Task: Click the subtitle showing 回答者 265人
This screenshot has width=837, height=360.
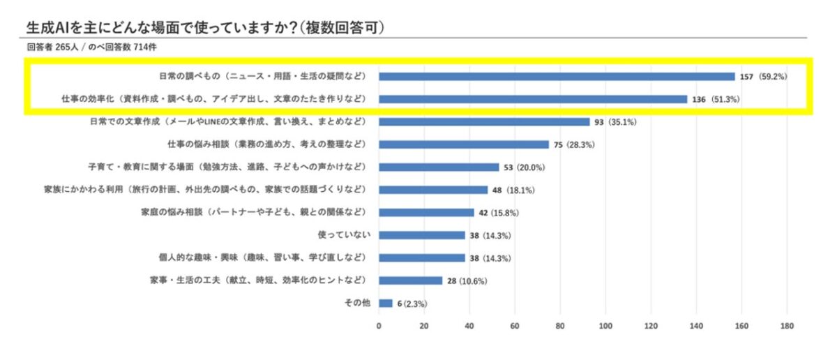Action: pyautogui.click(x=90, y=47)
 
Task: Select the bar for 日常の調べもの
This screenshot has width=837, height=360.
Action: pyautogui.click(x=557, y=76)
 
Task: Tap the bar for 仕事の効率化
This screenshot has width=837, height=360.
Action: pyautogui.click(x=533, y=99)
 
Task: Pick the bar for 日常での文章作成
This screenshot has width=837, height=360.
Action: pyautogui.click(x=484, y=121)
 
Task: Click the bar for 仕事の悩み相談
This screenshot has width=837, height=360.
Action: pyautogui.click(x=464, y=144)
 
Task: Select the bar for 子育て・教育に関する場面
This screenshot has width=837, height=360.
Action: pyautogui.click(x=439, y=167)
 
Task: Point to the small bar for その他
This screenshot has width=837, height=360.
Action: pyautogui.click(x=386, y=303)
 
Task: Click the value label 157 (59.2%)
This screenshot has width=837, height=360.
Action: pyautogui.click(x=764, y=76)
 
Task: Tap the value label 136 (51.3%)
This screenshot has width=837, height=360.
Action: pyautogui.click(x=716, y=99)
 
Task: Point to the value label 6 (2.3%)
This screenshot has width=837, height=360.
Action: pyautogui.click(x=412, y=303)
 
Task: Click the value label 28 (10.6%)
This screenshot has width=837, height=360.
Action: pyautogui.click(x=467, y=280)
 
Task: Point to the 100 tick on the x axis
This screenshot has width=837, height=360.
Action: pyautogui.click(x=605, y=326)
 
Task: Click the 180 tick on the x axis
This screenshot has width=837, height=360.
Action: pyautogui.click(x=787, y=326)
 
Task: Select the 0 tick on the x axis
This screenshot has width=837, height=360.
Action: pyautogui.click(x=379, y=326)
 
